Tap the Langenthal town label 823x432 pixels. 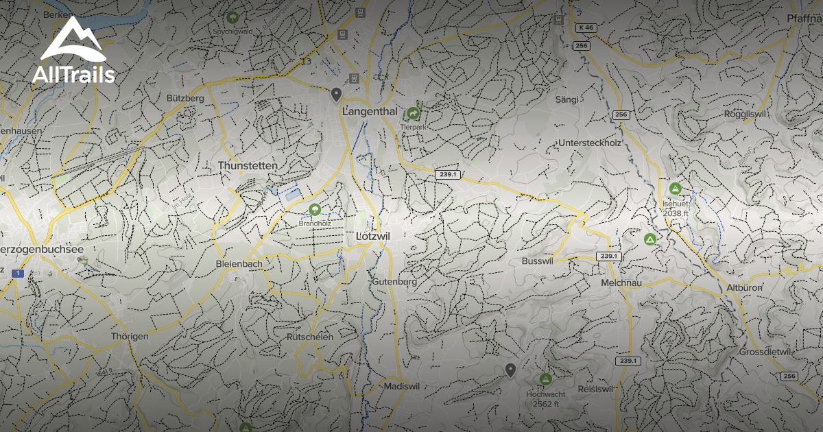[x=370, y=112]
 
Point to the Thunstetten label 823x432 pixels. [x=248, y=166]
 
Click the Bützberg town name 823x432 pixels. [x=185, y=99]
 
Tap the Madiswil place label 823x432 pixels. [x=402, y=386]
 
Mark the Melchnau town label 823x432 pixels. [x=620, y=283]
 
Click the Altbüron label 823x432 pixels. [x=744, y=288]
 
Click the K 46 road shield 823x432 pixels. [x=586, y=27]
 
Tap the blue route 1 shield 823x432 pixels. [x=18, y=274]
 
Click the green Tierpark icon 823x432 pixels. [x=413, y=113]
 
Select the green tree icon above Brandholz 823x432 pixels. [x=315, y=209]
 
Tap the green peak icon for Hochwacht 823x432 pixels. [x=545, y=379]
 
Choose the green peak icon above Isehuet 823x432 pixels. [x=675, y=188]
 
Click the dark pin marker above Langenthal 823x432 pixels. [x=336, y=94]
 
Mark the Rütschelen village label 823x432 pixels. [x=311, y=337]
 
